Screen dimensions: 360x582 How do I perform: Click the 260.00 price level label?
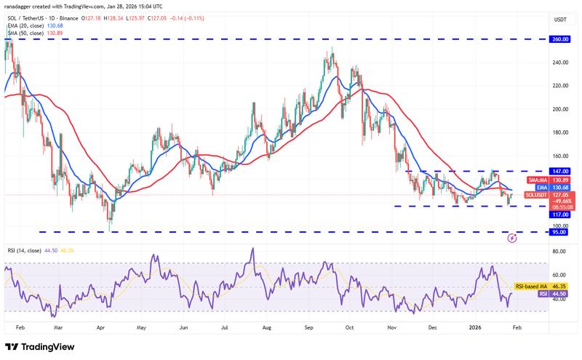pos(559,40)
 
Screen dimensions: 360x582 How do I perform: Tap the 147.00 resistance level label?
pos(559,172)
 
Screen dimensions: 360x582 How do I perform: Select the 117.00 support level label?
pos(559,215)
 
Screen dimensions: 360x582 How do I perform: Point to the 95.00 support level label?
pos(559,233)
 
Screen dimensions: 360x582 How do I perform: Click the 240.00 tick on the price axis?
pos(559,63)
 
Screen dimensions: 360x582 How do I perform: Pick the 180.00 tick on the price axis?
pos(559,132)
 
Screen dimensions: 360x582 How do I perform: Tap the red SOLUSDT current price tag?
pos(559,194)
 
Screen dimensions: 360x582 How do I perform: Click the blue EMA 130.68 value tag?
pos(559,187)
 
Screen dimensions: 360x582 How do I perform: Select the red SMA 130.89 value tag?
pos(559,180)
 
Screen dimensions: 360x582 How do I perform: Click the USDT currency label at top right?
pos(559,19)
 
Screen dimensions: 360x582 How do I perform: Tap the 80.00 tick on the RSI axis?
pos(559,252)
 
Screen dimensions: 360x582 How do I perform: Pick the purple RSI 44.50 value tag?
pos(559,294)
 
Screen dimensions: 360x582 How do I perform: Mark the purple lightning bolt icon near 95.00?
pos(512,237)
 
